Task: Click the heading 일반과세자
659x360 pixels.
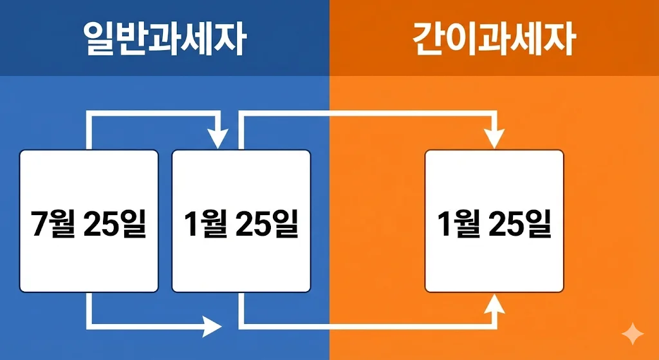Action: [x=165, y=40]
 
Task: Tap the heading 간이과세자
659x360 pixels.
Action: [x=494, y=40]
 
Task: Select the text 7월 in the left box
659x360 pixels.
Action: [x=52, y=223]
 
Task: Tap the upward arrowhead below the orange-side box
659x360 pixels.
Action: [x=494, y=303]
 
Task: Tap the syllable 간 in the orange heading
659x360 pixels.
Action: [x=429, y=40]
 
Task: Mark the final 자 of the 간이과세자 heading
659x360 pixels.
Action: [x=558, y=40]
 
